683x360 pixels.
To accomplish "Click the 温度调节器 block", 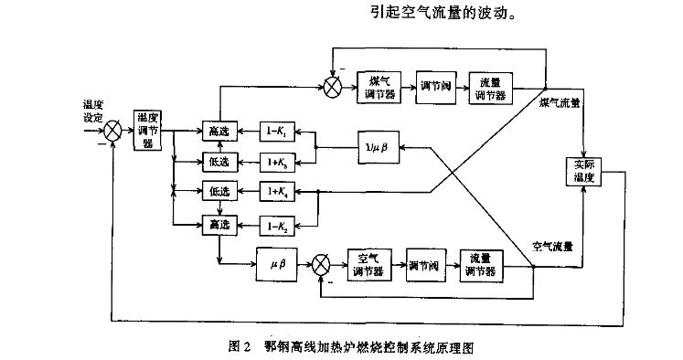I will pos(148,130).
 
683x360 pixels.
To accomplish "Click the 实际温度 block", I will pos(584,171).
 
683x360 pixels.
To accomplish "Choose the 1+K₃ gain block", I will pos(278,162).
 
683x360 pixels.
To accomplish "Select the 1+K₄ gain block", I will pos(278,191).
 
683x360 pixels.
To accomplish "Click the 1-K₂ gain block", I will pos(278,223).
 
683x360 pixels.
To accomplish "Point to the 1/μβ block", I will pos(378,146).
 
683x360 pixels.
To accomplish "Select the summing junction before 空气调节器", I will pos(322,266).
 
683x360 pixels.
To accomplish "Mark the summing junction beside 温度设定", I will pos(112,131).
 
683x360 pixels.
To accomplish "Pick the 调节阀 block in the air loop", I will pos(426,265).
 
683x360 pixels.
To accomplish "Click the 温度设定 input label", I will pos(92,111).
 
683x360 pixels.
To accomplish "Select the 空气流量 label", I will pos(552,246).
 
